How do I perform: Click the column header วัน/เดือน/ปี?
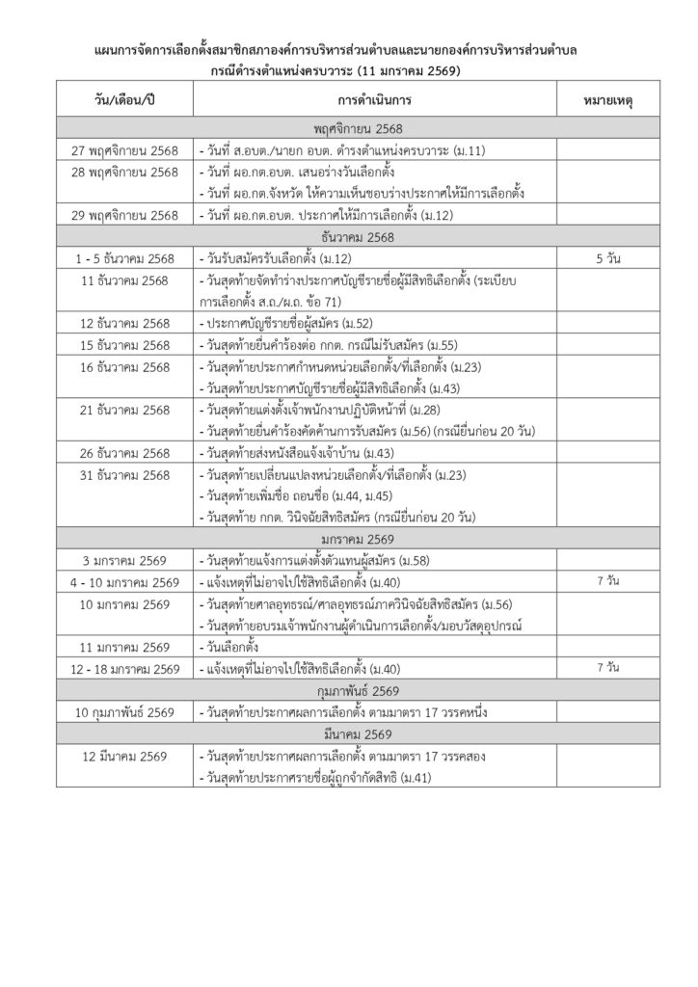coord(124,99)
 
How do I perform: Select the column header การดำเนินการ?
coord(374,99)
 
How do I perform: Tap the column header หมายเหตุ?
coord(607,99)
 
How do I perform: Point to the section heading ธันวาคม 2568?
coord(358,237)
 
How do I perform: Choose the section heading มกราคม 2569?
coord(358,539)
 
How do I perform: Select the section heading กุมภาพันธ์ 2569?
coord(358,691)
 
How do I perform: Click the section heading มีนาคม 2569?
coord(358,734)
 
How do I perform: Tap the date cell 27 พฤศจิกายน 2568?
coord(124,150)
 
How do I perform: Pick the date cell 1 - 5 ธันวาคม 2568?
coord(124,259)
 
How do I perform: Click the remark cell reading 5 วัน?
coord(607,259)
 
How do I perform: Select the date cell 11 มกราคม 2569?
coord(124,648)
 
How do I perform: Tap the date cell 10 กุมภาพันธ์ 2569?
coord(124,713)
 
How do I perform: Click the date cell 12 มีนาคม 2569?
coord(124,757)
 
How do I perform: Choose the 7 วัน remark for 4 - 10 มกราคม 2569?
coord(607,582)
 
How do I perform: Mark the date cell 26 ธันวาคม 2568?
coord(124,453)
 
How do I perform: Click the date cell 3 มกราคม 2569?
coord(124,560)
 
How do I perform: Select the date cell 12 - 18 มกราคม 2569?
coord(124,669)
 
